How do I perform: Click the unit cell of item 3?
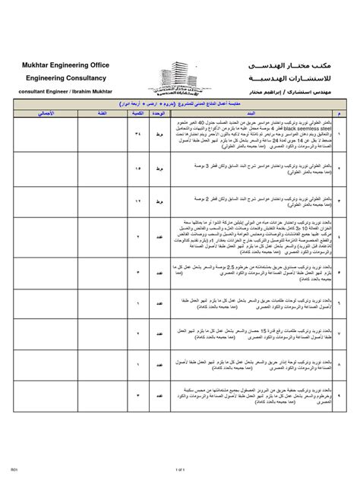[x=160, y=201]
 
